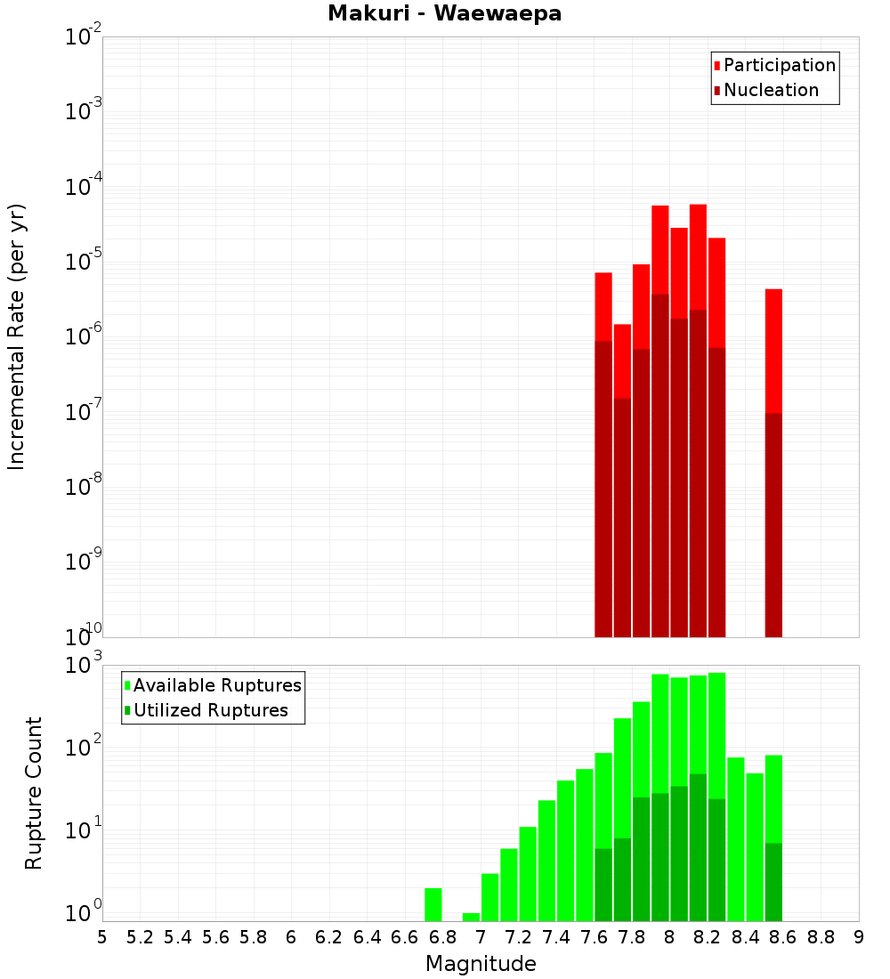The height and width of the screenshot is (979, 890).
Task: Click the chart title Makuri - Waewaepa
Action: tap(444, 14)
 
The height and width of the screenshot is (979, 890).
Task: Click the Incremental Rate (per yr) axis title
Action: tap(17, 336)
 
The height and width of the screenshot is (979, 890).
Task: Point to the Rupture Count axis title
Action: tap(34, 793)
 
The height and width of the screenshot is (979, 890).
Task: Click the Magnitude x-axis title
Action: tap(481, 964)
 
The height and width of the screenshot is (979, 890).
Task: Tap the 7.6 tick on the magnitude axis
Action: tap(595, 937)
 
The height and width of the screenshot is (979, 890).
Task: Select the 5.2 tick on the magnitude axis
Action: tap(141, 937)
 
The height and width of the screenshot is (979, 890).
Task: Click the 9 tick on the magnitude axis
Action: tap(859, 937)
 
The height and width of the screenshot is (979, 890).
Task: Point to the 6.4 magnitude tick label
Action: tap(368, 937)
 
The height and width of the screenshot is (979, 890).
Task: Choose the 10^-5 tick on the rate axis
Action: tap(84, 262)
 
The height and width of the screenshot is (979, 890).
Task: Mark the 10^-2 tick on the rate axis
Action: tap(84, 37)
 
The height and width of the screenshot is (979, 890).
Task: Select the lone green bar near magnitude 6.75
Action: tap(433, 904)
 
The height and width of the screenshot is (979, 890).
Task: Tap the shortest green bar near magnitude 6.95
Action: tap(471, 917)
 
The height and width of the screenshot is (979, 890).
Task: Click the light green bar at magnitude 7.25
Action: tap(528, 873)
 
